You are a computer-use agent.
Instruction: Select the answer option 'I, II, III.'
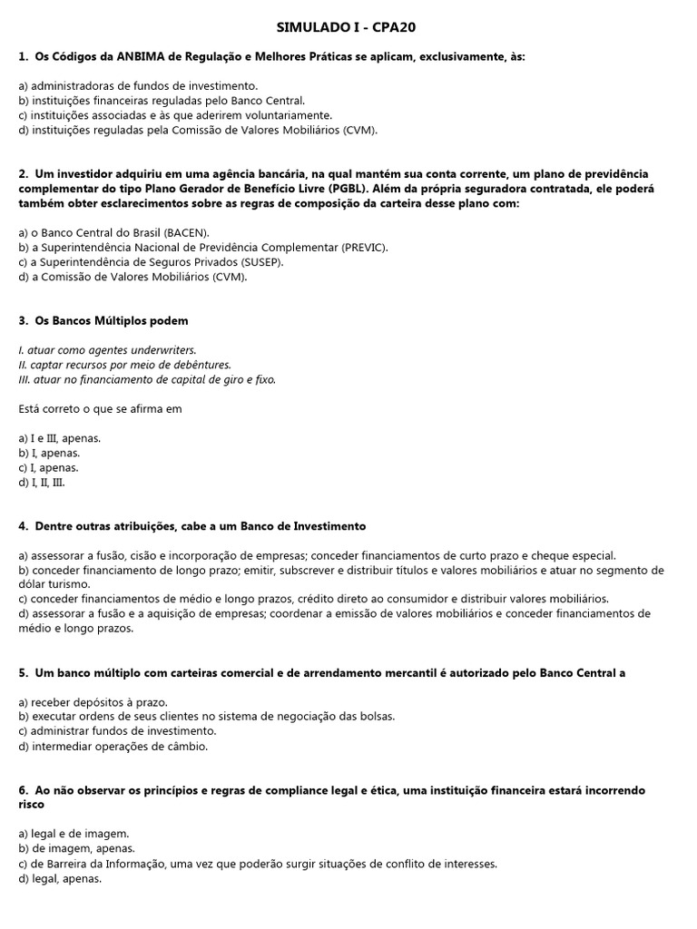tap(42, 483)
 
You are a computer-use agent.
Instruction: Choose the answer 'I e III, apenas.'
tap(59, 438)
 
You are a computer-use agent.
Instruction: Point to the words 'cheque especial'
tap(576, 555)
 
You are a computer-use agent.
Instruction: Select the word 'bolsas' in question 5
tap(374, 717)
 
